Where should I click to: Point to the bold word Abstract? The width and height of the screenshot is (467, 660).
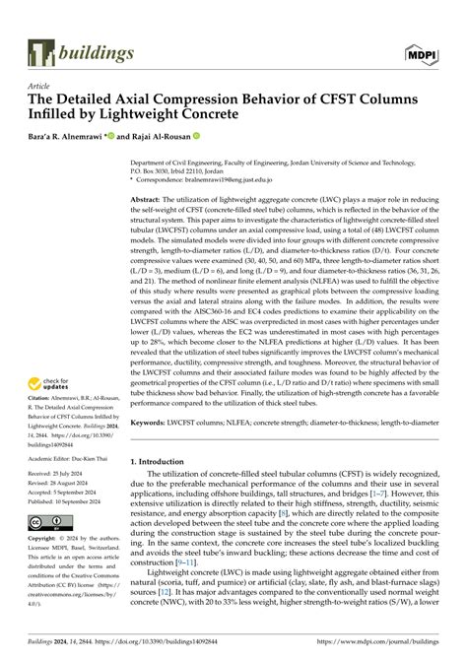pyautogui.click(x=148, y=197)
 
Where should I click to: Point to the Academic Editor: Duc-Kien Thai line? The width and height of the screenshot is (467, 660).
pyautogui.click(x=69, y=459)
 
